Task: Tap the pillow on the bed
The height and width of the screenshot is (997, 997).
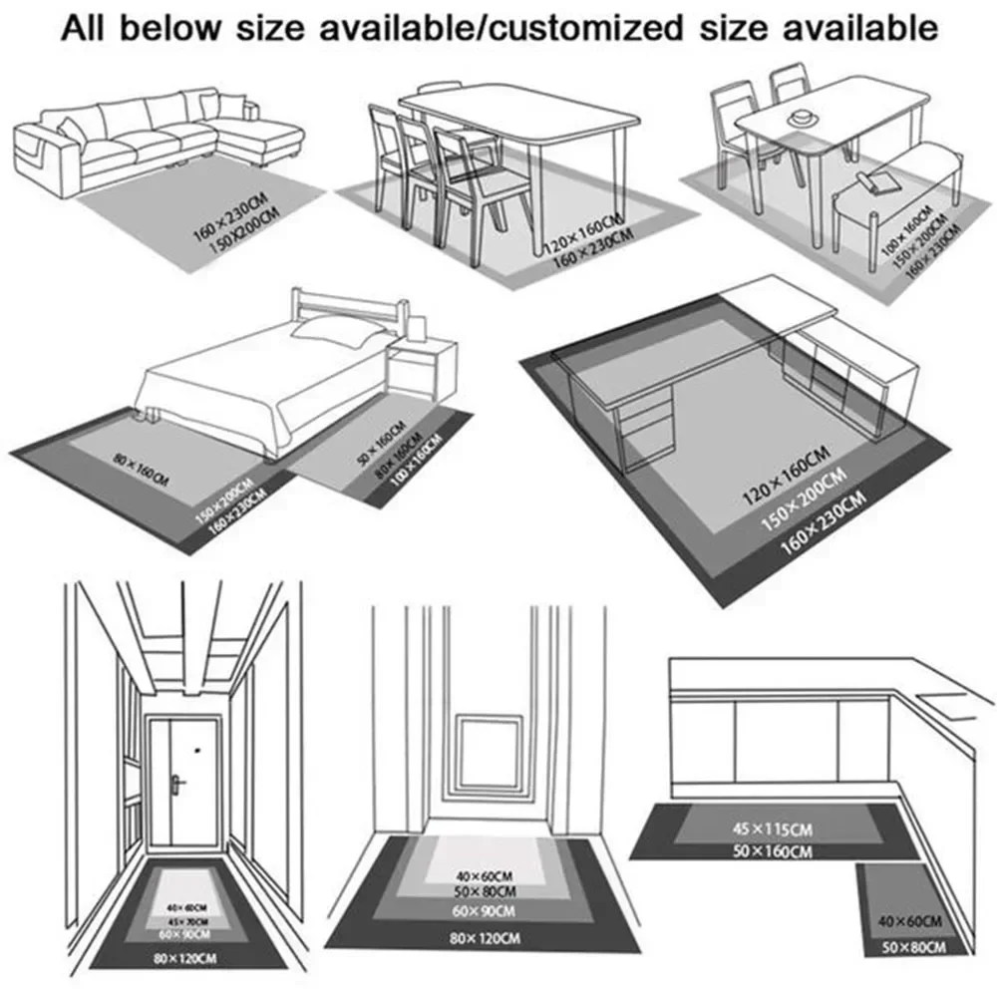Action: pos(334,329)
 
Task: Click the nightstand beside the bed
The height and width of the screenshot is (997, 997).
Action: pos(422,367)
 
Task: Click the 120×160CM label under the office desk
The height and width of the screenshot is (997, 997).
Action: pos(787,465)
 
